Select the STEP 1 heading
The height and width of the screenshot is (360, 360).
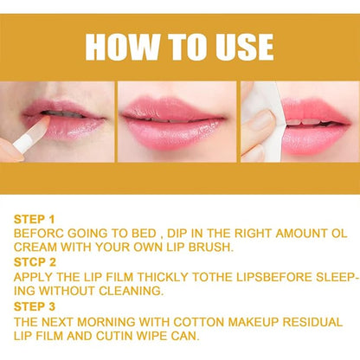pyautogui.click(x=34, y=220)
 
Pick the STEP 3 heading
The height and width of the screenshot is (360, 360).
pyautogui.click(x=34, y=307)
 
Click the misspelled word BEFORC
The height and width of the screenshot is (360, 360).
pyautogui.click(x=41, y=233)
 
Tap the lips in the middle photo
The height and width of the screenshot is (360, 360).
pyautogui.click(x=177, y=122)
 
